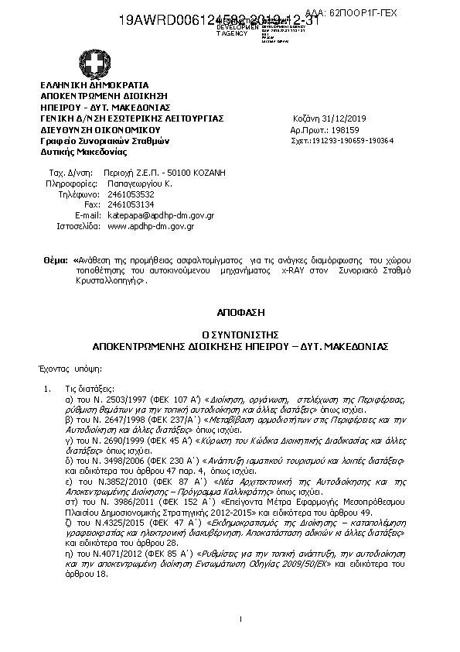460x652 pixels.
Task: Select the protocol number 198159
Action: click(341, 130)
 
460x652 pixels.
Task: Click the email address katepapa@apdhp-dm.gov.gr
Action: click(160, 214)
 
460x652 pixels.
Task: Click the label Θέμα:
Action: click(56, 262)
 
